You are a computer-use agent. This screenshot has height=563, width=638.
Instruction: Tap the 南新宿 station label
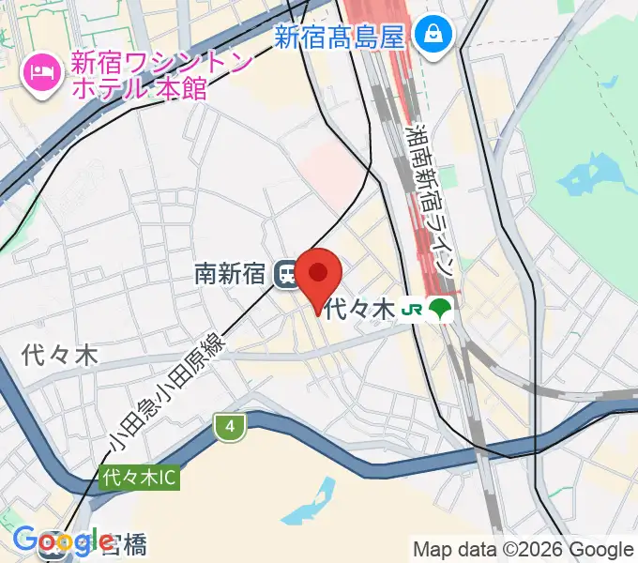tap(229, 273)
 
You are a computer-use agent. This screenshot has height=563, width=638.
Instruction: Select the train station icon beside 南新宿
tap(286, 274)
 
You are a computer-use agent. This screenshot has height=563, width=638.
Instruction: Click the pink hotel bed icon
tap(40, 68)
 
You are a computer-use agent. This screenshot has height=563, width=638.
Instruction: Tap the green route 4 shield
tap(229, 428)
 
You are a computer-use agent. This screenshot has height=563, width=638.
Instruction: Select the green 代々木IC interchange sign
tap(138, 478)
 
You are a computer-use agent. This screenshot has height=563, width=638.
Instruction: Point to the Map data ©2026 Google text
tap(523, 549)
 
